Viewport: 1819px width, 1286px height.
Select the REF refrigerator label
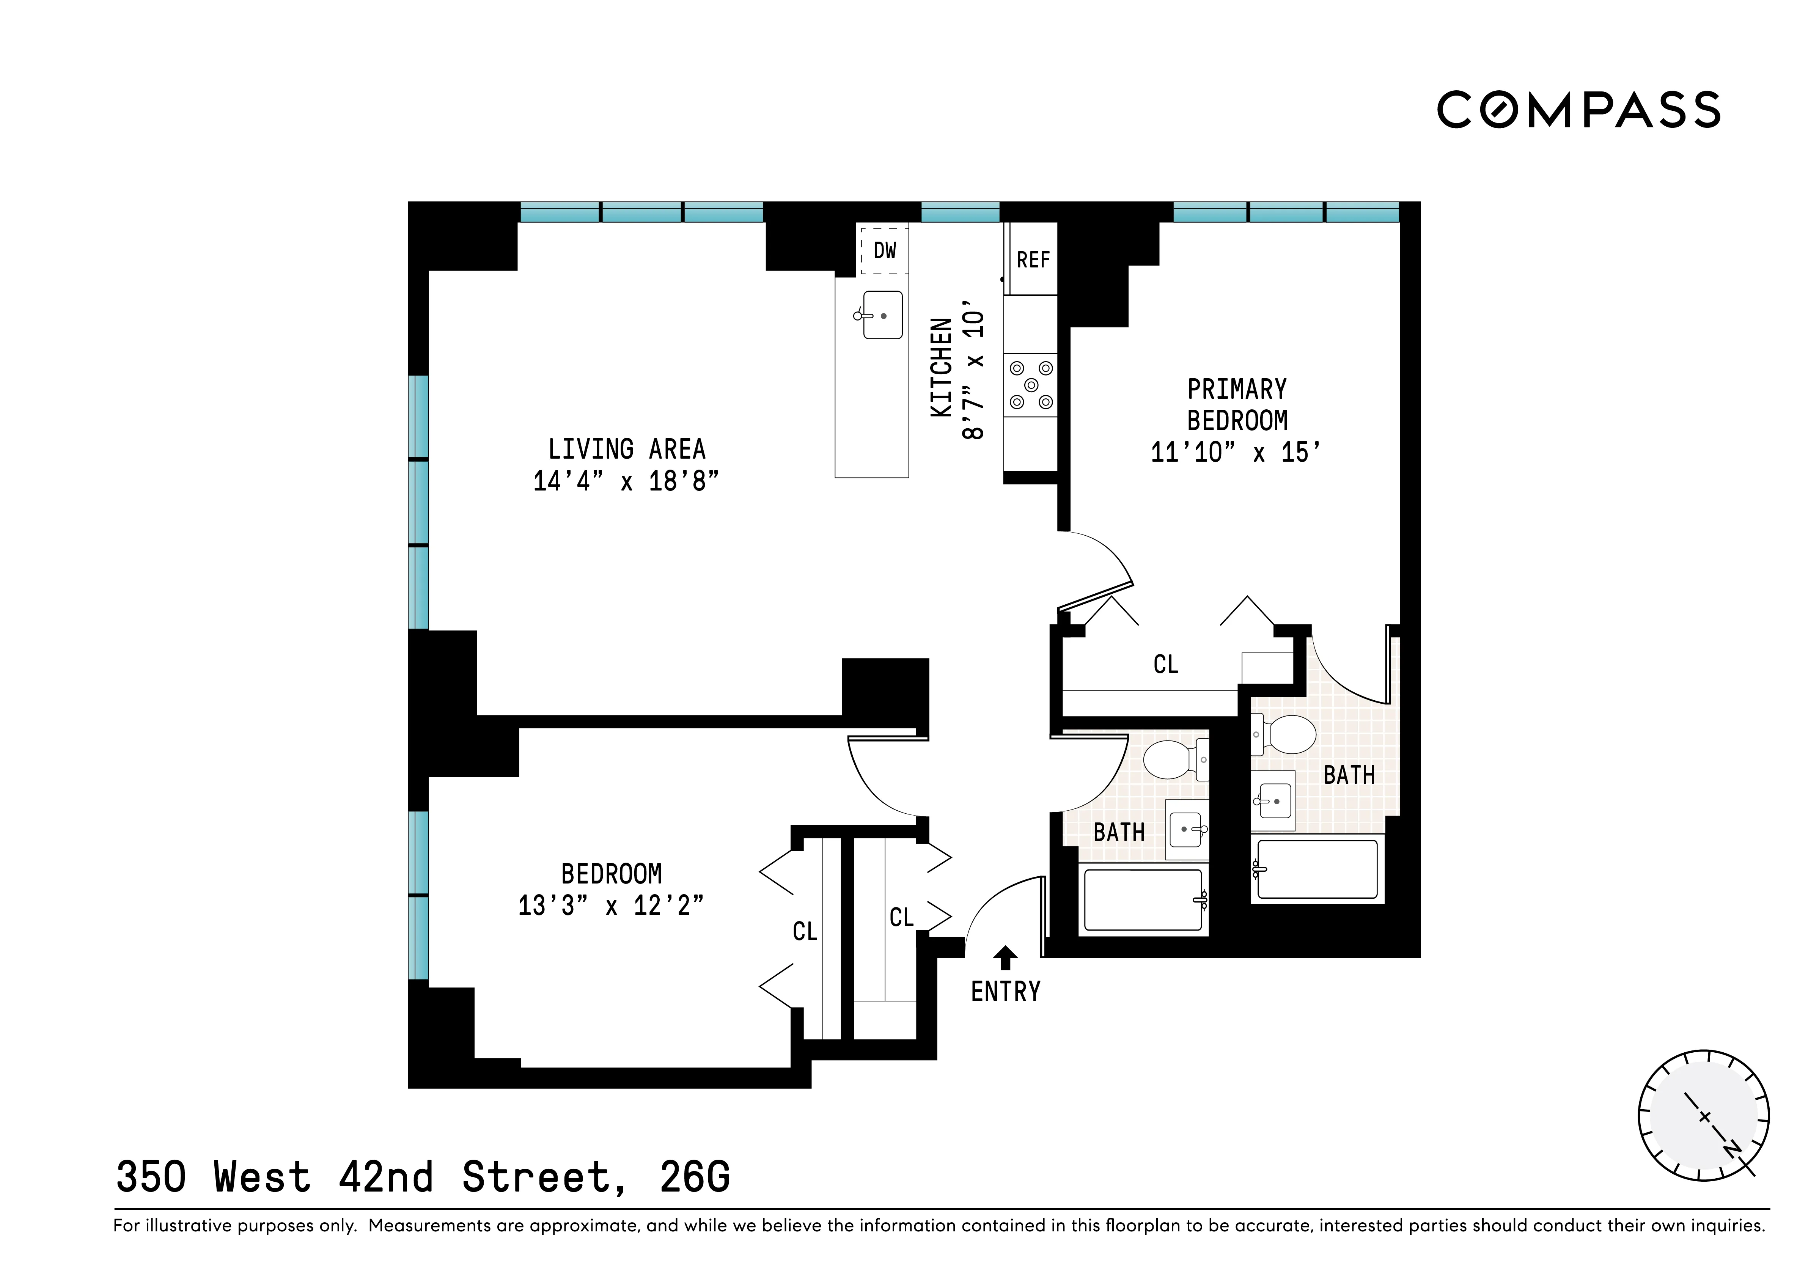(1033, 260)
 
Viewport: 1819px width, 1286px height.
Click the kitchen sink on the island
(882, 315)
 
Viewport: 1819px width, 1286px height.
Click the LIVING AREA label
(626, 449)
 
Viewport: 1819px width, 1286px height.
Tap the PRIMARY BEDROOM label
(1237, 405)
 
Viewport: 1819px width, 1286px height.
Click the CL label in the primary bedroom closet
(1165, 664)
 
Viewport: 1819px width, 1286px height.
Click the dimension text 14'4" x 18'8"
(626, 481)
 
